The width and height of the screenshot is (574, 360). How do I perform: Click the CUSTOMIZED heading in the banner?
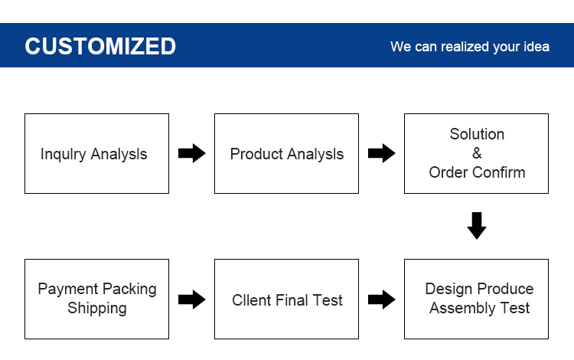point(100,46)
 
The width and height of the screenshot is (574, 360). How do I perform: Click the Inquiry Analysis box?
point(96,153)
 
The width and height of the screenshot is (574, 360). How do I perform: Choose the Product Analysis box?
point(286,153)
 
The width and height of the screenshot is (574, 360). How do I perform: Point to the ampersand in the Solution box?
point(477,153)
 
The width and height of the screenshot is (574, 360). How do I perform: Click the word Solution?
point(477,134)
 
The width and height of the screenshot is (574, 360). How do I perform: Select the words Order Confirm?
point(477,172)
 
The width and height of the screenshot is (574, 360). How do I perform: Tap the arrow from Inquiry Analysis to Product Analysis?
point(192,153)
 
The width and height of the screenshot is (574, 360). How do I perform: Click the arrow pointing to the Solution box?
point(381,153)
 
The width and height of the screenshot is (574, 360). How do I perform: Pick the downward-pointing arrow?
point(477,226)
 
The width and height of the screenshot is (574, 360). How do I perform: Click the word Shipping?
point(97,309)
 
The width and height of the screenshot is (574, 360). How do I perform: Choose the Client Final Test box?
point(286,299)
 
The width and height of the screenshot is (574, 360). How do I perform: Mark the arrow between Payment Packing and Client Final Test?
point(192,299)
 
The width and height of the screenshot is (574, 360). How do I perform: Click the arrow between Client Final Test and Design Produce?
point(381,299)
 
